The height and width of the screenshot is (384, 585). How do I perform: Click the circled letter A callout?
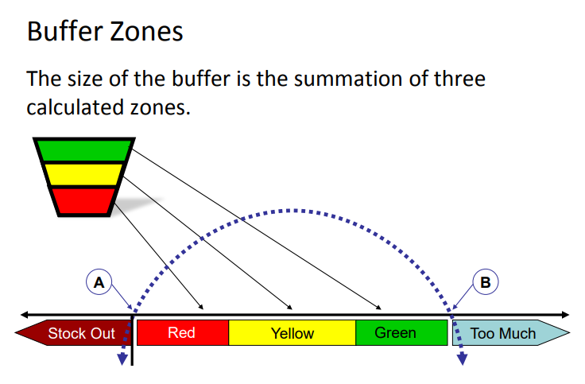pos(99,282)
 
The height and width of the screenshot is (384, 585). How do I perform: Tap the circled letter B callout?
pos(486,282)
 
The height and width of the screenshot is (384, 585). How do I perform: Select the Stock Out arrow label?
pos(73,333)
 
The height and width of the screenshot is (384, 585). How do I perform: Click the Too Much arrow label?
pos(511,333)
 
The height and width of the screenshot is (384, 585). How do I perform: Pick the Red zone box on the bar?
pos(183,332)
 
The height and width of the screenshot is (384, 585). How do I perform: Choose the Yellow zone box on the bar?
pos(292,332)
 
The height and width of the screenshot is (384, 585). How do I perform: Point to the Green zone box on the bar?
pos(402,332)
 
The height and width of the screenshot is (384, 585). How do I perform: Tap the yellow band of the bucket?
pos(84,174)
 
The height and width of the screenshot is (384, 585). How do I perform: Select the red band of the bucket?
pos(83,201)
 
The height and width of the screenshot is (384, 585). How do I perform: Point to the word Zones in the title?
pos(146,31)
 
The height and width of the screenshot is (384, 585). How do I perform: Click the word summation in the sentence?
pos(347,79)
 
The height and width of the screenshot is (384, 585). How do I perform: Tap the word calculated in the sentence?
pos(76,107)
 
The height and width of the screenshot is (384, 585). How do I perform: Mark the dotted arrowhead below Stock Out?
pos(122,359)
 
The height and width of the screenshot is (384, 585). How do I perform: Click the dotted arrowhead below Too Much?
pos(463,359)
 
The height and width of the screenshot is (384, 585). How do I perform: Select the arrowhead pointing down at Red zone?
pos(201,307)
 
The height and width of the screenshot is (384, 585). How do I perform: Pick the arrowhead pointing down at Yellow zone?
pos(289,307)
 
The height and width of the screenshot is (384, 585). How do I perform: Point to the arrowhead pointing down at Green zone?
pos(378,307)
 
